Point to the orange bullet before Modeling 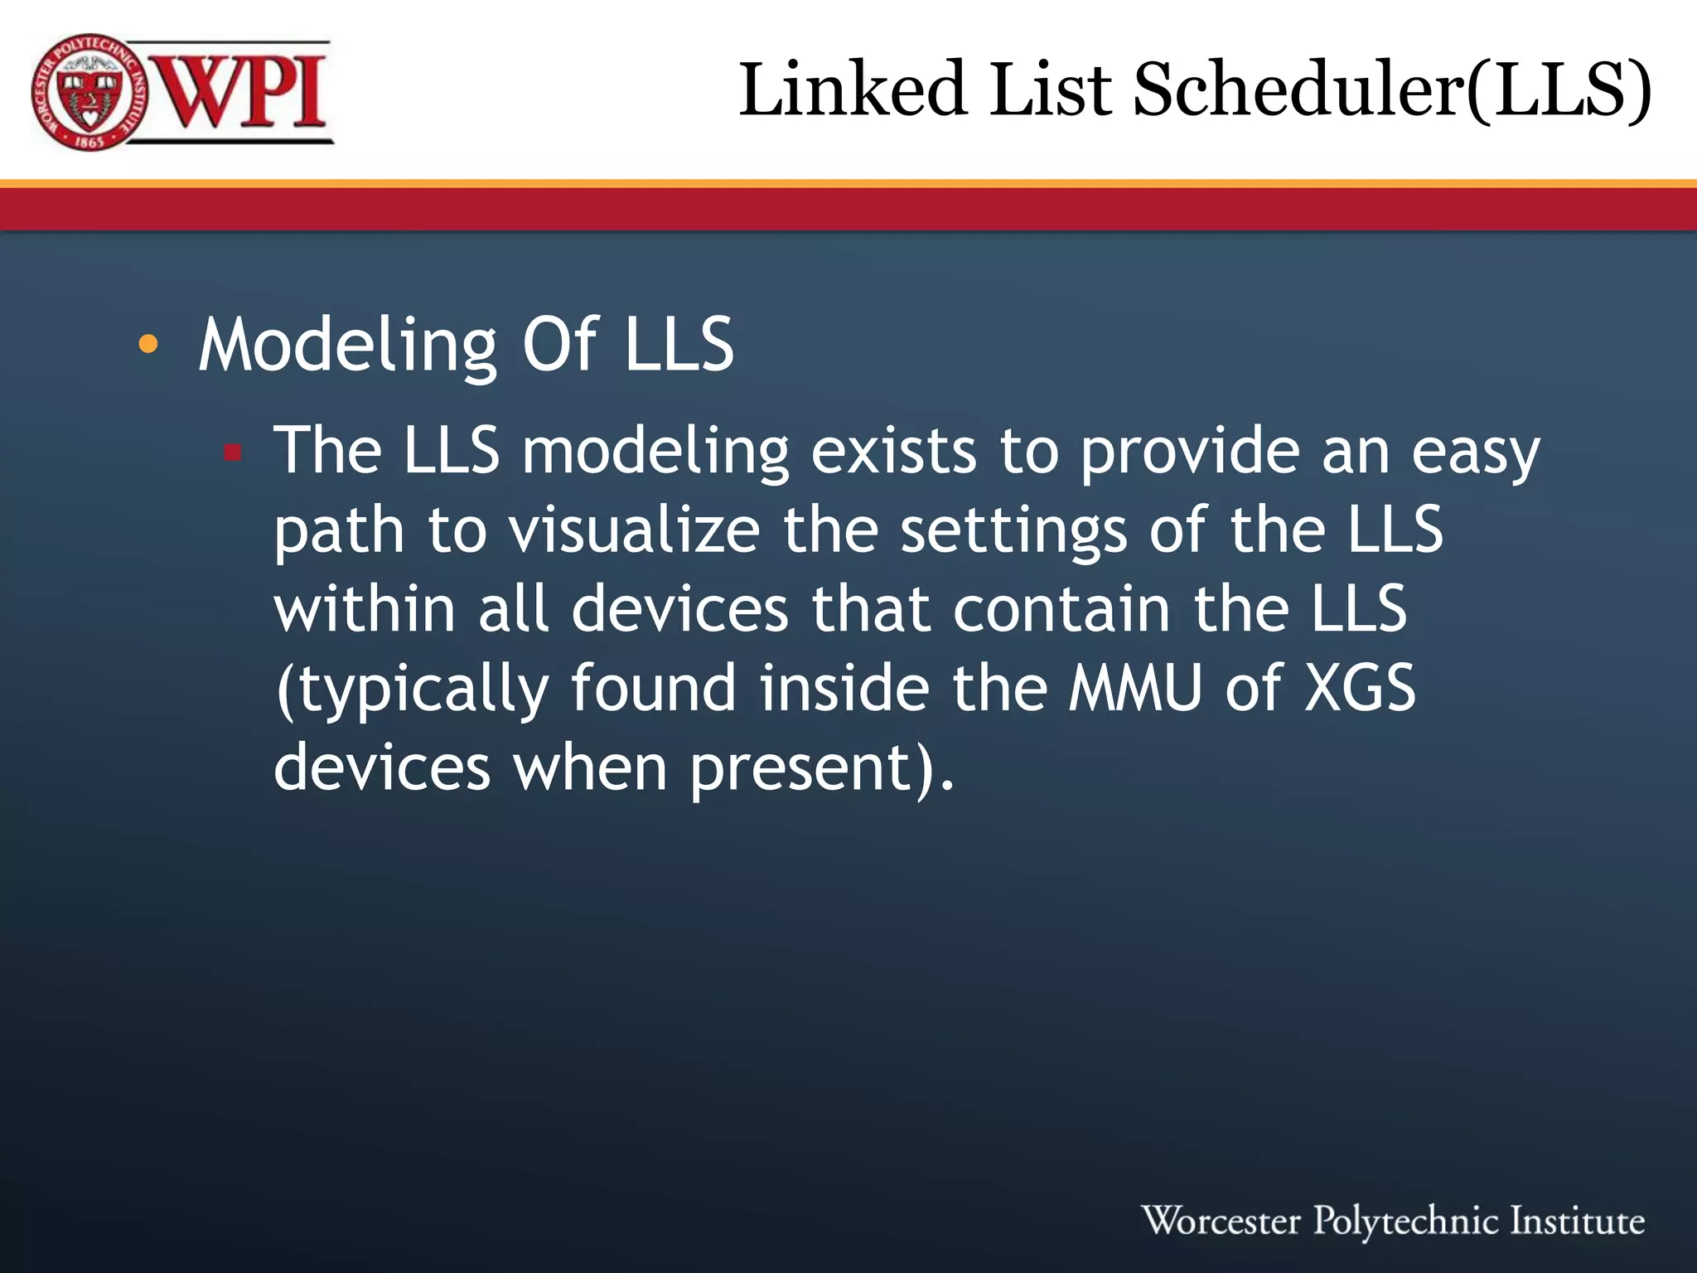[147, 345]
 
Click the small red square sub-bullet [233, 453]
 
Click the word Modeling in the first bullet [348, 346]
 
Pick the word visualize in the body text [635, 530]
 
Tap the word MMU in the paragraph [1134, 688]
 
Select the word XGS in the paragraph [1360, 688]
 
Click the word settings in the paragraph [1013, 532]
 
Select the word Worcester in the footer [1221, 1221]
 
